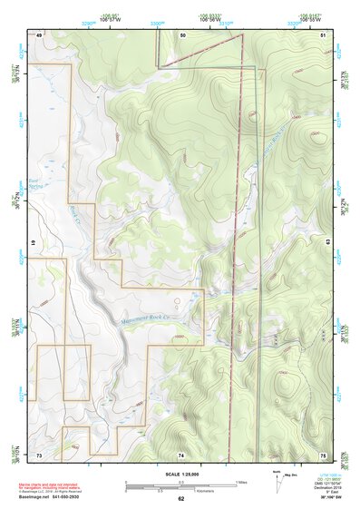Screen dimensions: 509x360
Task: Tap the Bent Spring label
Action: tap(34, 184)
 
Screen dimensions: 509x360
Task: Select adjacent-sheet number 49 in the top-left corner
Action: tap(39, 34)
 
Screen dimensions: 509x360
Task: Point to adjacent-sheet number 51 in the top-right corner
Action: tap(323, 34)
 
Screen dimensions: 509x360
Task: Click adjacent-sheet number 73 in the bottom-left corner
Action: tap(39, 454)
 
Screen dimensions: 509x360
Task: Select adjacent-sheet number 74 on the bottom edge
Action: tap(181, 454)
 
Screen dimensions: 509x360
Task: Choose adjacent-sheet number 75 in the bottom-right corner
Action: tap(323, 454)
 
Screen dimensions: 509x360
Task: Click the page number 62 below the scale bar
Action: tap(180, 498)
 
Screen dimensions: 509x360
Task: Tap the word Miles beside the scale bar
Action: tap(242, 481)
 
